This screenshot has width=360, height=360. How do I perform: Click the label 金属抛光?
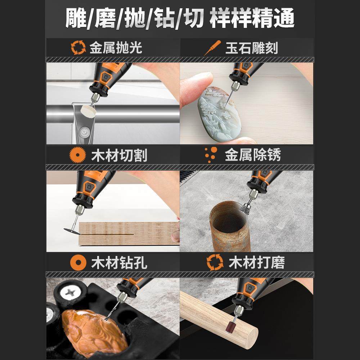point(116,48)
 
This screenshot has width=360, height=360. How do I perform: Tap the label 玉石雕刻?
point(252,48)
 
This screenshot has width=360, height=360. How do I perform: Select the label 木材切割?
point(119,156)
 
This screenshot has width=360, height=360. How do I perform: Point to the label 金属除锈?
point(253,155)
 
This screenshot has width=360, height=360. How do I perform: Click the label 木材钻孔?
point(119,262)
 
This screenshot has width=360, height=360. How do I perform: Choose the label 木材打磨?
point(256,262)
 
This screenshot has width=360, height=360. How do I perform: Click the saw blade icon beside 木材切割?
point(77,156)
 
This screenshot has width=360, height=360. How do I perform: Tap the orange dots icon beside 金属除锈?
point(211,154)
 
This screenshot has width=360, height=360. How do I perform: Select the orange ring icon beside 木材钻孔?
point(77,262)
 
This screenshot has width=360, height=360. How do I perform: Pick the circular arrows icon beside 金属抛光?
point(77,48)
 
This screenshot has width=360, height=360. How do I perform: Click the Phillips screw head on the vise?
point(72,293)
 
